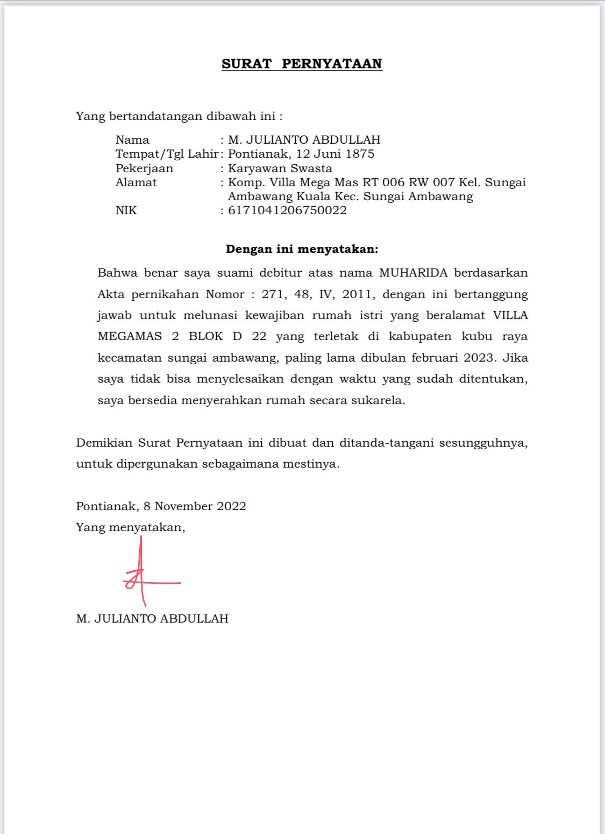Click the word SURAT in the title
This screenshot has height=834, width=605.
tap(246, 63)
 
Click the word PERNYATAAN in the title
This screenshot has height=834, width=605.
tap(332, 63)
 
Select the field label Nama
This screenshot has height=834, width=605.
tap(132, 140)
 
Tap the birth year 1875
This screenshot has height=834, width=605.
tap(360, 154)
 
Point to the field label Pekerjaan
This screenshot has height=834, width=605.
tap(144, 168)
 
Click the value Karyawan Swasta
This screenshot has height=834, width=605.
tap(280, 168)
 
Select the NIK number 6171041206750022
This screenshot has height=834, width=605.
tap(287, 210)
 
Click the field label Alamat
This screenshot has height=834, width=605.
tap(136, 182)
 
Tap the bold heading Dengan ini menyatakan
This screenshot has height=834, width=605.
tap(302, 249)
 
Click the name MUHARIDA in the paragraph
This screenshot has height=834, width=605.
tap(413, 273)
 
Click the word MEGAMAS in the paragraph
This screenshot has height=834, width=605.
tap(130, 337)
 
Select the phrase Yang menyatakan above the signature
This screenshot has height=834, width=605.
tap(130, 527)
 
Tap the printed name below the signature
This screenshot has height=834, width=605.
tap(152, 619)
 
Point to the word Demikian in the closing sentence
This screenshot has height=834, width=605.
tap(104, 443)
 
